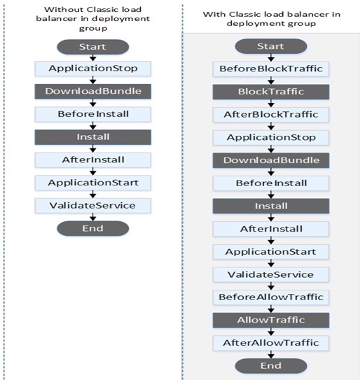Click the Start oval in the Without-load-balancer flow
(x=92, y=47)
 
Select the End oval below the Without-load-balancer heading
(x=92, y=228)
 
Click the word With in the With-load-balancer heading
(x=214, y=14)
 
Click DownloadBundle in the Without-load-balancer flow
(x=92, y=92)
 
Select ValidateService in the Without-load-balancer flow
(x=92, y=205)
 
